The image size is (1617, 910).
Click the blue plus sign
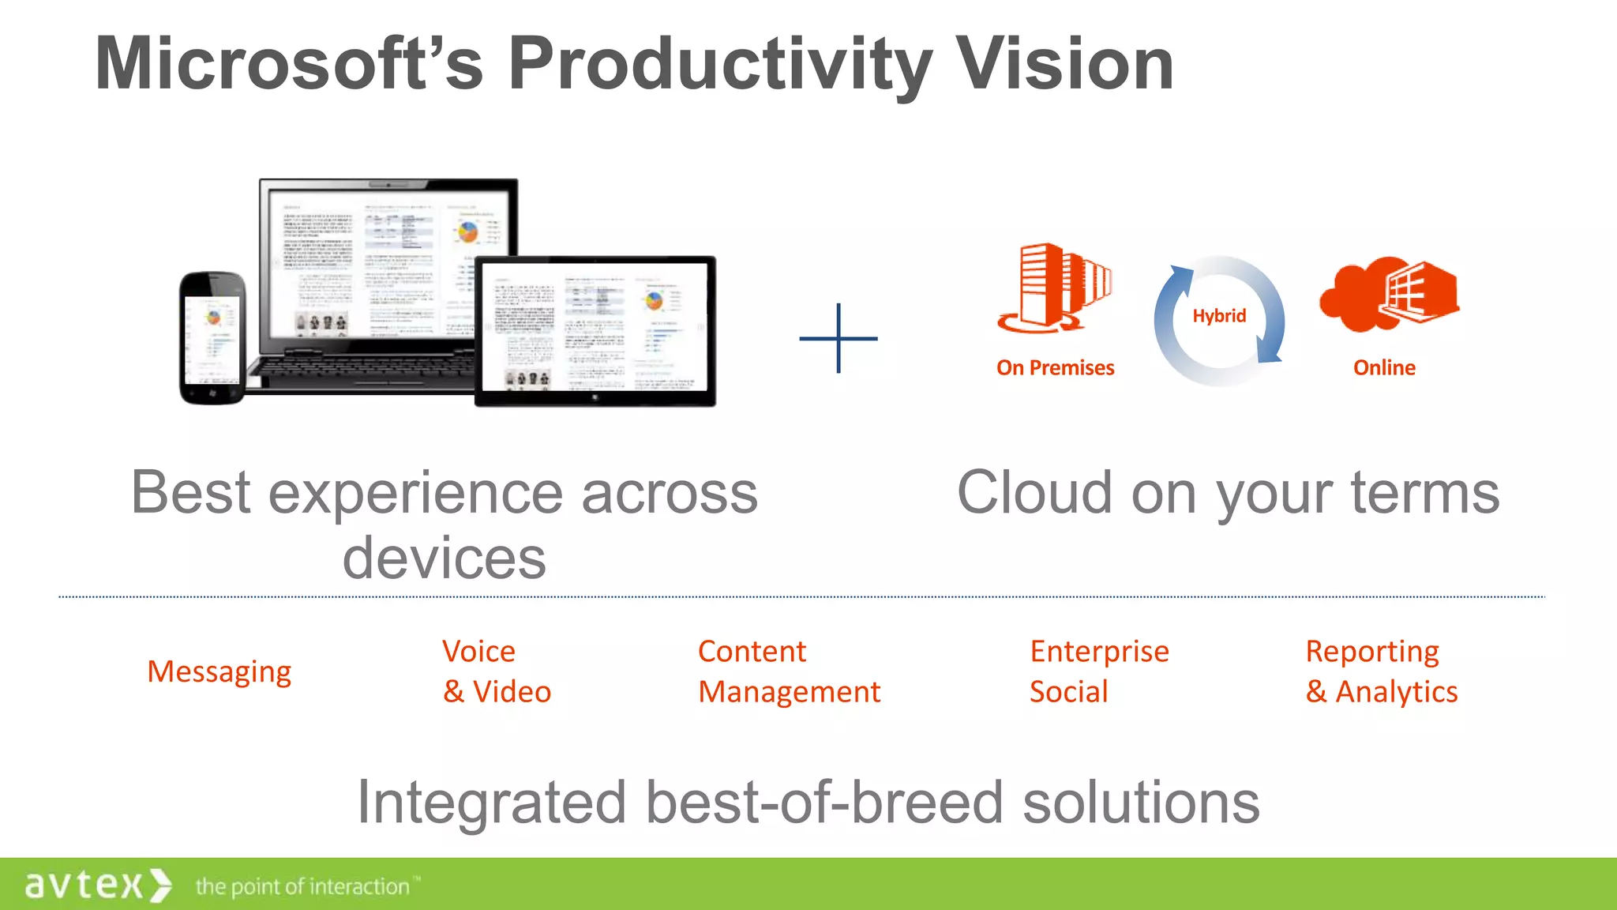[838, 338]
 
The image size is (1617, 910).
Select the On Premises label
[1055, 368]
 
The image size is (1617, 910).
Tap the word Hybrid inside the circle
[1219, 316]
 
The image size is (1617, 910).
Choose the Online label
[1384, 368]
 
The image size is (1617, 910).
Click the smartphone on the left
[212, 338]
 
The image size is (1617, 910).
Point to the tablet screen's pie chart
[654, 301]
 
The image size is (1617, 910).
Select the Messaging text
[219, 672]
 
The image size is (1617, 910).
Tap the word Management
[789, 693]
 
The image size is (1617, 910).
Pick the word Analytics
[1396, 693]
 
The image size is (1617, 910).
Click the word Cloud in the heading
[1035, 493]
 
